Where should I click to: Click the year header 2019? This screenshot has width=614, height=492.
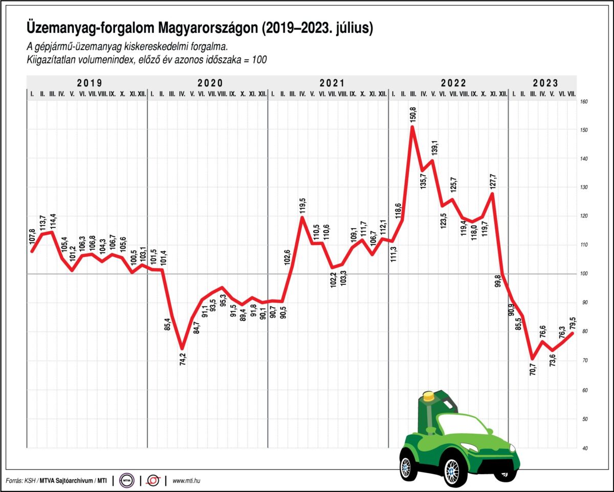coord(89,82)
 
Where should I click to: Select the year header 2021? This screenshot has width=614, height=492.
coord(332,82)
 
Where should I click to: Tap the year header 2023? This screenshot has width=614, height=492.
coord(545,82)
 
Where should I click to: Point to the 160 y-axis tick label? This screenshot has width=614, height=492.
coord(584,101)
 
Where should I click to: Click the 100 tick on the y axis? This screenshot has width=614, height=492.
coord(584,274)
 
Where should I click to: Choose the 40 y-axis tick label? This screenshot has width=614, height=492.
coord(584,448)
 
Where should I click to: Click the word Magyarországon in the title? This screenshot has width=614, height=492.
coord(205,28)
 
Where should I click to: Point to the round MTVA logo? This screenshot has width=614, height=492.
coord(126,481)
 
